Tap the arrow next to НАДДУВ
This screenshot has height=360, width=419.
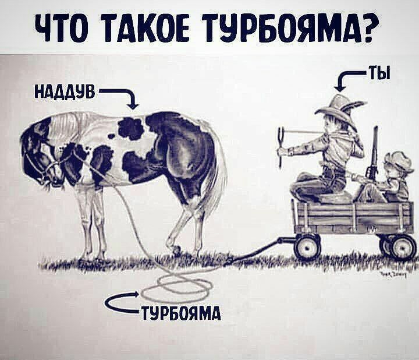pyautogui.click(x=125, y=97)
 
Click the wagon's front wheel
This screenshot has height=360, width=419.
pyautogui.click(x=307, y=246)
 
